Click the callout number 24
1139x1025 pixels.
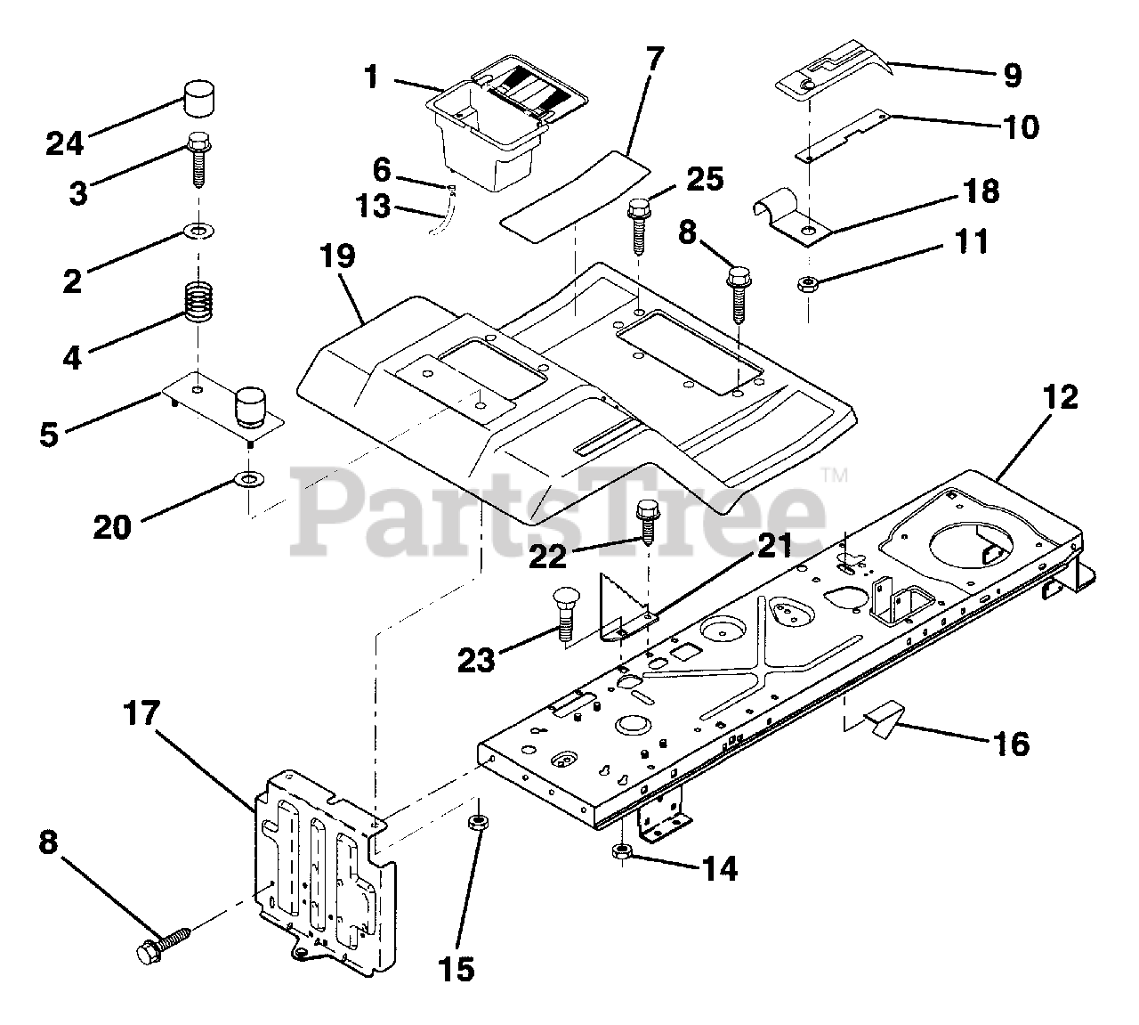pos(65,142)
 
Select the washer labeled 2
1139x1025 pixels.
pos(198,233)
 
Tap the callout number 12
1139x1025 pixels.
pos(1055,397)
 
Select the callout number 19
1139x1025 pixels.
pos(339,258)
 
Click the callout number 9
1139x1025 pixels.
pos(1013,77)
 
